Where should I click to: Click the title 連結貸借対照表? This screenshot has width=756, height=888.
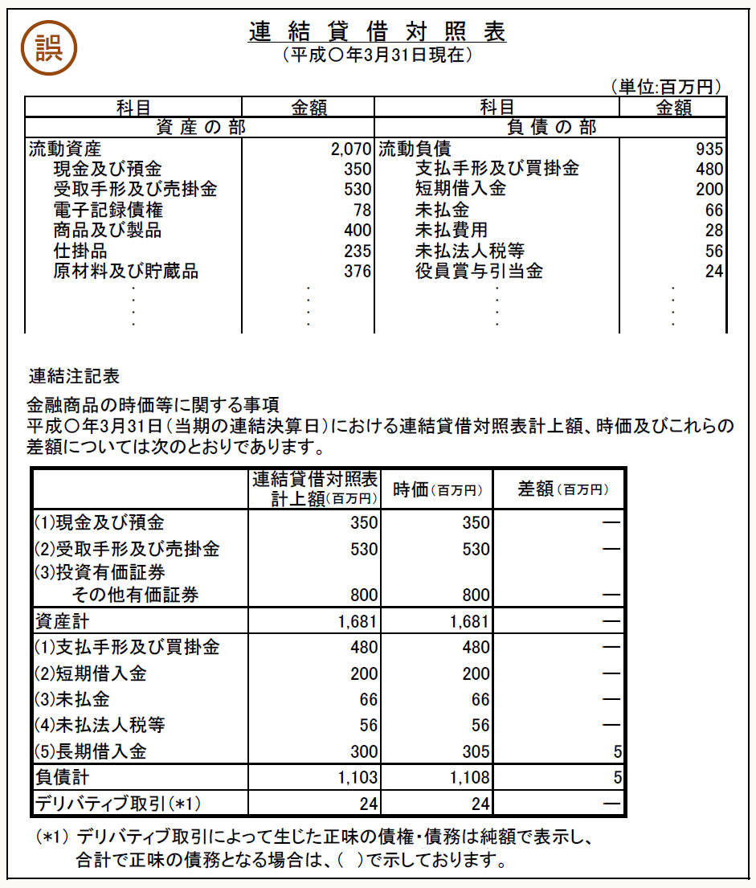click(378, 32)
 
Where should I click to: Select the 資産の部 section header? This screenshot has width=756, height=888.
click(200, 128)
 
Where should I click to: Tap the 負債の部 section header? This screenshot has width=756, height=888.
click(552, 128)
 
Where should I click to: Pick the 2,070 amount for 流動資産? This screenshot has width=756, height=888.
click(350, 149)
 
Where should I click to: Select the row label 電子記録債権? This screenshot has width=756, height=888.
click(108, 211)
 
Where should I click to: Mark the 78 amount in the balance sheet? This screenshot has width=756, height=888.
click(362, 211)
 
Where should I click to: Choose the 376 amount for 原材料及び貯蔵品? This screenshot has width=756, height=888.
click(358, 272)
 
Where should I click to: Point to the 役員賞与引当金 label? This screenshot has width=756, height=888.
click(479, 272)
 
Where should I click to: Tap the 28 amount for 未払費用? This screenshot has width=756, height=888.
click(714, 231)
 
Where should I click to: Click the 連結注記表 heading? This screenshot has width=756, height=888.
click(73, 375)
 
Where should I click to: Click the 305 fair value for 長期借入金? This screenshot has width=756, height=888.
click(476, 752)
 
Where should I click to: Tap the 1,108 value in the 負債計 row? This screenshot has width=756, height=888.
click(469, 778)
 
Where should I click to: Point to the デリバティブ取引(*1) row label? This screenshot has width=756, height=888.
click(116, 803)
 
